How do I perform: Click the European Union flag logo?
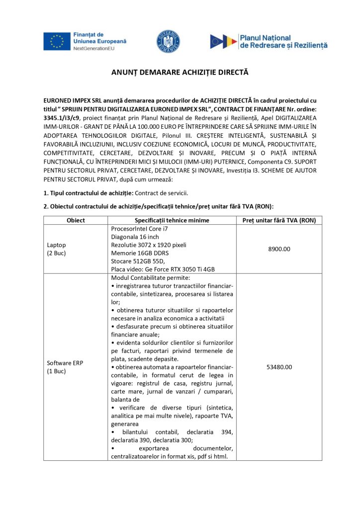point(57,41)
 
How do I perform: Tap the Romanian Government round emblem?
point(169,41)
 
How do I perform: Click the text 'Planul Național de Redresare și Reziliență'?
point(283,41)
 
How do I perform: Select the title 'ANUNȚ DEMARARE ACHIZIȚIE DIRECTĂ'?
point(180,73)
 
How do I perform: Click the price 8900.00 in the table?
point(279,249)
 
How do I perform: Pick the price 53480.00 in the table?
point(279,367)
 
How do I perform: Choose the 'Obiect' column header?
point(76,220)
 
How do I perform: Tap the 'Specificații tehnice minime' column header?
point(172,220)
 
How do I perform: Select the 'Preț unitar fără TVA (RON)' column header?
point(279,220)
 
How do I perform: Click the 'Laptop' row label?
point(56,245)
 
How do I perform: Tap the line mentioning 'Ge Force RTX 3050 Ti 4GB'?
point(163,269)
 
